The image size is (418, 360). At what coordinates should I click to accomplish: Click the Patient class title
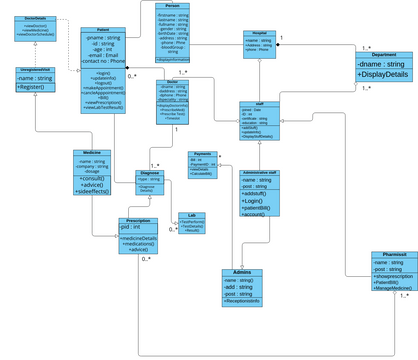104,31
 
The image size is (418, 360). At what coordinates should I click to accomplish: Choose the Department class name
384,56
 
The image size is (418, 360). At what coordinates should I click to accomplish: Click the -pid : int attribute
130,228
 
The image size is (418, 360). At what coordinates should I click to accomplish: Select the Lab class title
191,214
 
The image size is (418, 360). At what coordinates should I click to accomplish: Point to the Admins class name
241,244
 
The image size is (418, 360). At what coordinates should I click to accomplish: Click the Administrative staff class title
259,173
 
